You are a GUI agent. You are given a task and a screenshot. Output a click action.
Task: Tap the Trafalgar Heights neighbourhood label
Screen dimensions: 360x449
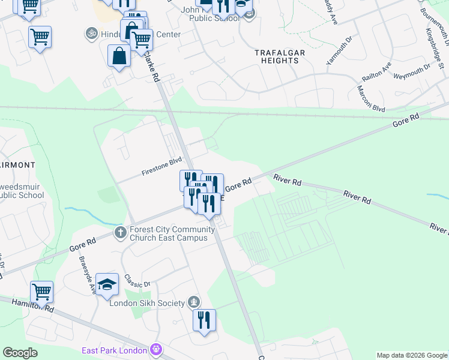click(280, 57)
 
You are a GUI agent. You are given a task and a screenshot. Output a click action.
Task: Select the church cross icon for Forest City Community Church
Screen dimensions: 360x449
click(120, 232)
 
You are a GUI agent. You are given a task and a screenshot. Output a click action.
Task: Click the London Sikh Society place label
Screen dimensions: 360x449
click(146, 303)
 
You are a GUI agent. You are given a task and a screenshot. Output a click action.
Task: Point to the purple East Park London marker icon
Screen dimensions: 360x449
click(157, 349)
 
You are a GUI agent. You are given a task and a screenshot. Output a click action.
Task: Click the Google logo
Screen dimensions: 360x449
click(20, 352)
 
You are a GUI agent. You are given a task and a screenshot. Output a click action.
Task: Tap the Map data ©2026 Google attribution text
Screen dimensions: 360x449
click(411, 355)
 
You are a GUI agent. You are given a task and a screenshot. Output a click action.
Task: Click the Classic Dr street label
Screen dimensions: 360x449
click(137, 280)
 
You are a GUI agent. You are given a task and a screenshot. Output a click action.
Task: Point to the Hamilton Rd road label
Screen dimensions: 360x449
click(33, 305)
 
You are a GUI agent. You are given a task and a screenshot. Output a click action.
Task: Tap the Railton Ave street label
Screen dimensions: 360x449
click(376, 72)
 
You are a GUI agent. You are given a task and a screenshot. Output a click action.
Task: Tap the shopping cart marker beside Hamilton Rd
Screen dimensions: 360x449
click(42, 292)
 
